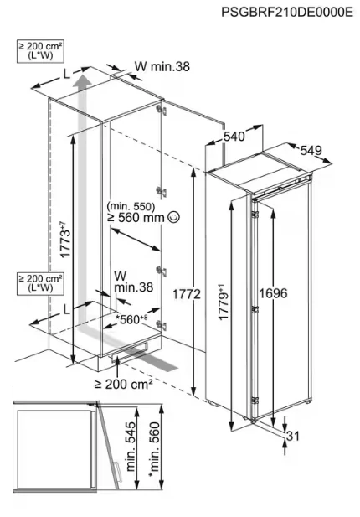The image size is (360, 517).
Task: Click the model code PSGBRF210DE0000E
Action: pos(287,13)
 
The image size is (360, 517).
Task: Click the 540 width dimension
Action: pos(234,137)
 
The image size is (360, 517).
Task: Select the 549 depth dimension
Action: pos(311,151)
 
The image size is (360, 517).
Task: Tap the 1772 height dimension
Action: pos(187,294)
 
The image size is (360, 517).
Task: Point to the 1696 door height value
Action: pos(273,292)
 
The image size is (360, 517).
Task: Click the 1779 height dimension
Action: pos(224,302)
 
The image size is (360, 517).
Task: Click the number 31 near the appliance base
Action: pos(293,436)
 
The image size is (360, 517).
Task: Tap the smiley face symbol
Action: pos(173,217)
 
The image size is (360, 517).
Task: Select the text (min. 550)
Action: pos(131,207)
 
